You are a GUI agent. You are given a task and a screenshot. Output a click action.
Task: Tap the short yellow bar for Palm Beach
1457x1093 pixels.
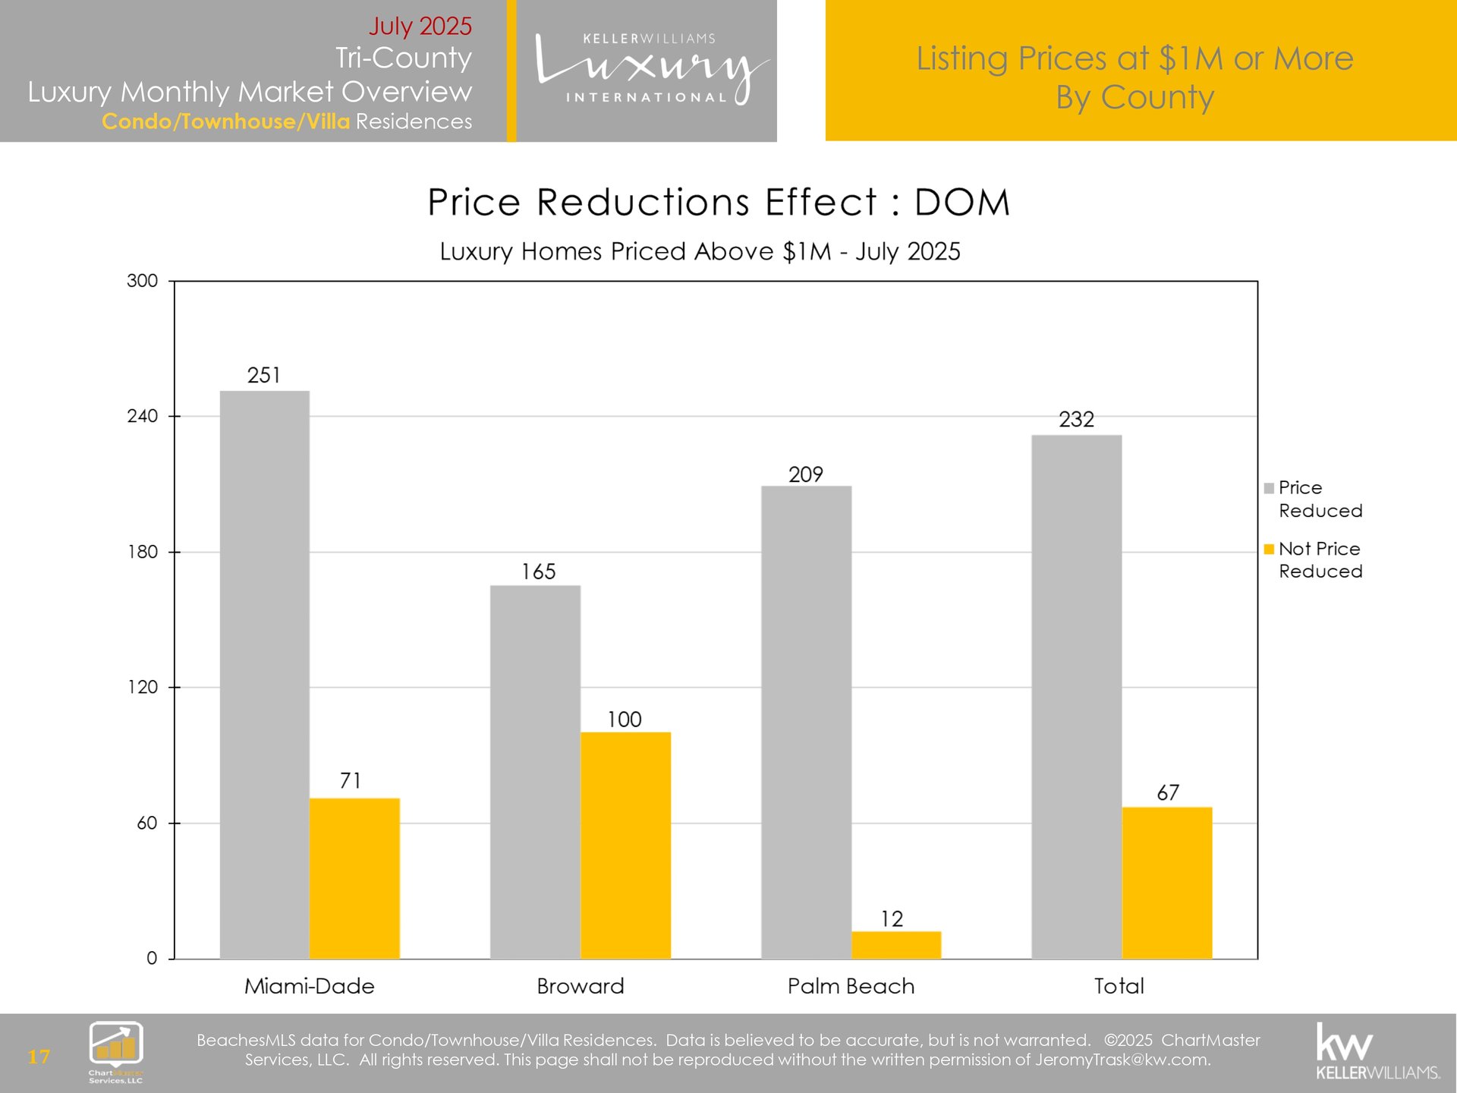tap(896, 945)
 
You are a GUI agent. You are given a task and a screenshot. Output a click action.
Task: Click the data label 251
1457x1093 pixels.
tap(264, 375)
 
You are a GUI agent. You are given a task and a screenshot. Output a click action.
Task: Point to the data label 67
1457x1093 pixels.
tap(1168, 792)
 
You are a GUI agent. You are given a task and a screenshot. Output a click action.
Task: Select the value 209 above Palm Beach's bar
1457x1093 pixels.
tap(806, 474)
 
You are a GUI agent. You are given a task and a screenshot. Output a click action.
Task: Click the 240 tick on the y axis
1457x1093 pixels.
tap(143, 416)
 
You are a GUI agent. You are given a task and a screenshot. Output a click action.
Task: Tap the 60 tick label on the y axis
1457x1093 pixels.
tap(147, 823)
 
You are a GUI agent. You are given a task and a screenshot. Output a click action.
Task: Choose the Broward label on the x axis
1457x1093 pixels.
tap(581, 986)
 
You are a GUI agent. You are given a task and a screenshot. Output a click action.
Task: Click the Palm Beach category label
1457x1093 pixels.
tap(851, 986)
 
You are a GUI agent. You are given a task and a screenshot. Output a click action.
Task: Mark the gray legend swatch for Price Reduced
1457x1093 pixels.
tap(1269, 488)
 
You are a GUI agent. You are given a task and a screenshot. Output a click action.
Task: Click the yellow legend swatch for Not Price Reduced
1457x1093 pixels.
tap(1269, 549)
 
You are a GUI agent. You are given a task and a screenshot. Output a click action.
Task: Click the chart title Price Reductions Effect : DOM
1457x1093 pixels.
tap(719, 203)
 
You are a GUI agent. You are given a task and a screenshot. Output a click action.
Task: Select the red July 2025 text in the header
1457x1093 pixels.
tap(420, 26)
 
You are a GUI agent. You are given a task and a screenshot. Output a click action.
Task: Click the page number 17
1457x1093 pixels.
tap(39, 1057)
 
